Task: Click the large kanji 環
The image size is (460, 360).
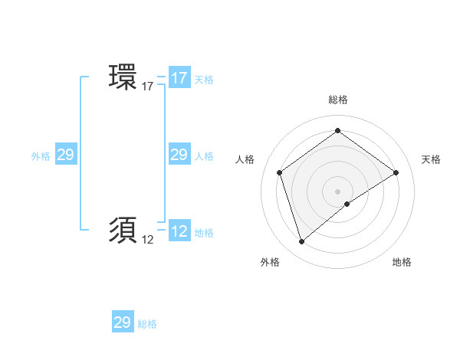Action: tap(123, 77)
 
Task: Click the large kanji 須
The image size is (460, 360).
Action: tap(123, 229)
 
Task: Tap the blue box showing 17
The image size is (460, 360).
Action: tap(179, 78)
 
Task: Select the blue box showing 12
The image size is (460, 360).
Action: tap(179, 232)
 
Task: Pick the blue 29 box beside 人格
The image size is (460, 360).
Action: tap(179, 155)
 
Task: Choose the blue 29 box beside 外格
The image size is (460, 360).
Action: tap(65, 155)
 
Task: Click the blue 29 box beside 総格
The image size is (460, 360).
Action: tap(123, 322)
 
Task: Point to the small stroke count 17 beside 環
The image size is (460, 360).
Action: tap(148, 87)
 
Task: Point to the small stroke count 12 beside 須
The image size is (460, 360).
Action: tap(148, 240)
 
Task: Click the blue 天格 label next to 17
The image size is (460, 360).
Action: tap(203, 80)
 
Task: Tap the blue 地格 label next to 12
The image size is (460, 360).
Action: tap(204, 233)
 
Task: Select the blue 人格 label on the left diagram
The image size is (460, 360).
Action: tap(204, 156)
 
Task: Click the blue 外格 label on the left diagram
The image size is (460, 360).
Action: tap(41, 156)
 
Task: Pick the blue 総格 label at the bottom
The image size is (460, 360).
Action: tap(147, 324)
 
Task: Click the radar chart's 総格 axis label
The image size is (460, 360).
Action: tap(337, 100)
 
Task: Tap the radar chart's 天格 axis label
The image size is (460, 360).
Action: tap(431, 159)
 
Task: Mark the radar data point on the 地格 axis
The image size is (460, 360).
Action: tap(347, 204)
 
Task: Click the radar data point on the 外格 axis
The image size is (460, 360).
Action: tap(301, 242)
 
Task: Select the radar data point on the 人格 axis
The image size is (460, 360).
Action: tap(280, 172)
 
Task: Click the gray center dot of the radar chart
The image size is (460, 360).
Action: tap(337, 191)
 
